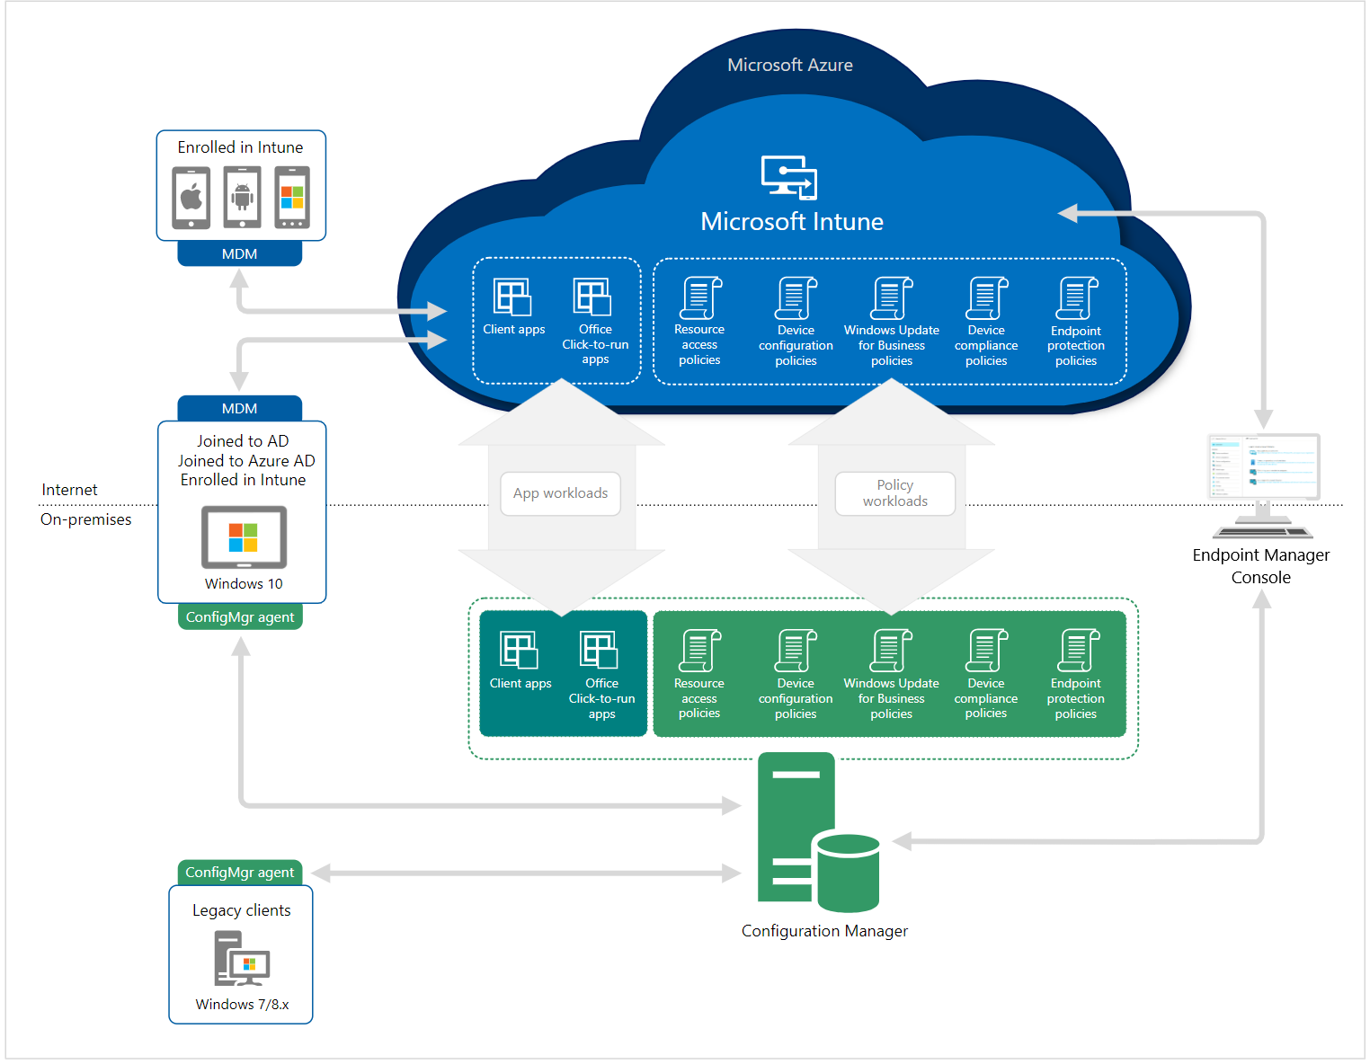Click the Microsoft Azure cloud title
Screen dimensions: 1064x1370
tap(789, 65)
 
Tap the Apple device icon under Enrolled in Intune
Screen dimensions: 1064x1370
tap(191, 197)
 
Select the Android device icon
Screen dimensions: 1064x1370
tap(242, 197)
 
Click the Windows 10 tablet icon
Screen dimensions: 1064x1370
tap(244, 537)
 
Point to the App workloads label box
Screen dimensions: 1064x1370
tap(560, 493)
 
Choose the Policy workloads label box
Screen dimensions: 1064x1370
tap(894, 493)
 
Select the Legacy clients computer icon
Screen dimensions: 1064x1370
tap(241, 959)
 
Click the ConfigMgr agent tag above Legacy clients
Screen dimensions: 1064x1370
tap(239, 873)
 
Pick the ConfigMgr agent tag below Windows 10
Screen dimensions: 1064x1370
tap(240, 617)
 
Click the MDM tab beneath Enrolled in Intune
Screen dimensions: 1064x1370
tap(239, 254)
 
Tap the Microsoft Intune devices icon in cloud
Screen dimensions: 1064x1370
tap(789, 176)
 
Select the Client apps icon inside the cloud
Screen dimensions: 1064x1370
tap(512, 297)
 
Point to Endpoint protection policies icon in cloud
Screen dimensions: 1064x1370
tap(1077, 298)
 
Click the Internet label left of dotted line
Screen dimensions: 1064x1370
tap(69, 490)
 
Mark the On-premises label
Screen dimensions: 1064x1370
tap(85, 519)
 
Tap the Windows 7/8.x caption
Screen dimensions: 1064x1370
tap(242, 1005)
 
